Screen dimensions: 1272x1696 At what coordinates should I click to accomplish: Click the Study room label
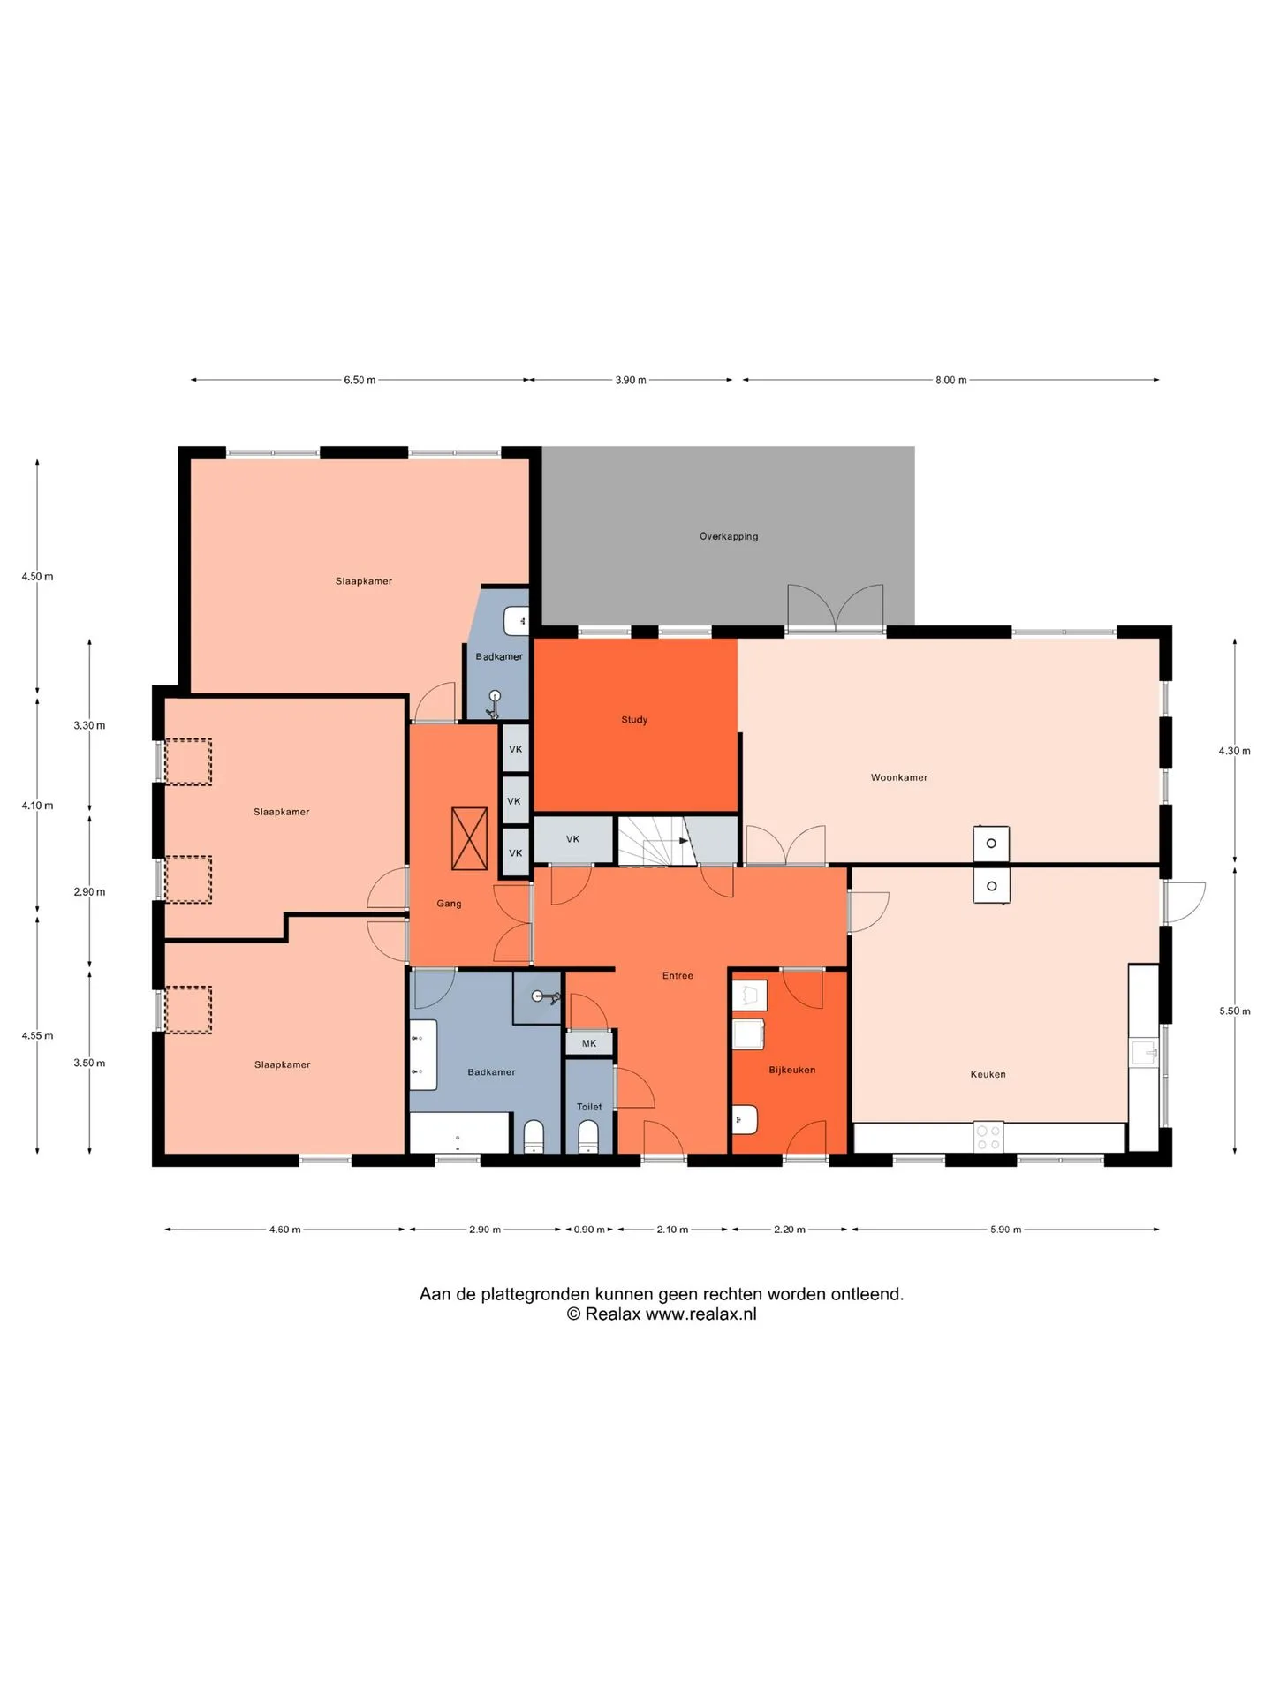[634, 720]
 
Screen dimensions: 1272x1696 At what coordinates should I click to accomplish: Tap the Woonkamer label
[899, 777]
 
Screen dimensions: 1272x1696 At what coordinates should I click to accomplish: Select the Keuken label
[988, 1074]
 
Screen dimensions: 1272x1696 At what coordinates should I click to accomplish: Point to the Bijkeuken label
[792, 1070]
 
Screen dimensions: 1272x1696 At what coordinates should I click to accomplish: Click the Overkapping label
[729, 536]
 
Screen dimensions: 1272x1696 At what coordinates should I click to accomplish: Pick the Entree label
[678, 976]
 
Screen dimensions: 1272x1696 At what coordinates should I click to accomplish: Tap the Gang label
[449, 904]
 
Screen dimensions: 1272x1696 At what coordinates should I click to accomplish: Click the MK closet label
[589, 1043]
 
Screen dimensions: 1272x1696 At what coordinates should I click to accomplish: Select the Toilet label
[589, 1107]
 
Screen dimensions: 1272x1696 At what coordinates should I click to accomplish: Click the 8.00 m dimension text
[951, 381]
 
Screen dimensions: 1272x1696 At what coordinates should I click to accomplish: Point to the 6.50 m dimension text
[360, 381]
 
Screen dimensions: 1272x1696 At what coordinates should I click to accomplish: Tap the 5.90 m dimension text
[1005, 1230]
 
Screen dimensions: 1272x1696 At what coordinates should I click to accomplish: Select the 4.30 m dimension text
[1235, 751]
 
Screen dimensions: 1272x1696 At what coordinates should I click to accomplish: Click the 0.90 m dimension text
[589, 1230]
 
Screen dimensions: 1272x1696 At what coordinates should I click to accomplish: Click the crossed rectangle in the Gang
[469, 838]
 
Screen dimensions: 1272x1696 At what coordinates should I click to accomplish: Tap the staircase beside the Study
[652, 842]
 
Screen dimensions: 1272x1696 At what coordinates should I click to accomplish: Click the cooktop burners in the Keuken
[988, 1138]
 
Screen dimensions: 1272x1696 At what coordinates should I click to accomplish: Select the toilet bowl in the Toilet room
[588, 1137]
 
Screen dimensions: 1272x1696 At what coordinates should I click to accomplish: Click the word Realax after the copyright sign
[612, 1314]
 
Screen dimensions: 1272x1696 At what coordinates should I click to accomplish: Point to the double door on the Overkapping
[836, 609]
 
